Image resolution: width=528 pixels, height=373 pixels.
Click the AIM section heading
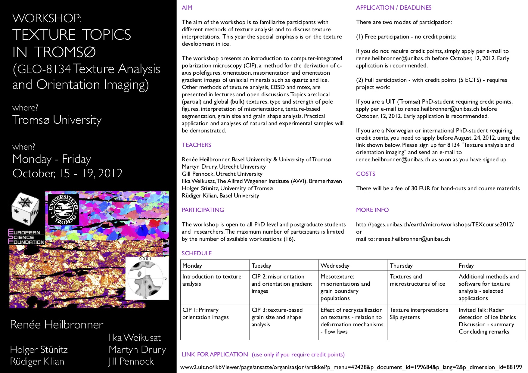tap(187, 8)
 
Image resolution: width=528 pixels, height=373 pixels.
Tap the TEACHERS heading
tap(196, 145)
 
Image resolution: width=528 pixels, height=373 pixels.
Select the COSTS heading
tap(365, 174)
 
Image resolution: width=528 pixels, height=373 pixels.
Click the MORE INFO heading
tap(372, 210)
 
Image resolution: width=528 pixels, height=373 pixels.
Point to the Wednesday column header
tap(335, 266)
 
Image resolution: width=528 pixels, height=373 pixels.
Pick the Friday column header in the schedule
tap(466, 266)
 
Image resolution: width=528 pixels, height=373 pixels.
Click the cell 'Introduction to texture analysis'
tap(212, 280)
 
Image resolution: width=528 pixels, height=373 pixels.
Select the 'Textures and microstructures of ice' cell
tap(417, 280)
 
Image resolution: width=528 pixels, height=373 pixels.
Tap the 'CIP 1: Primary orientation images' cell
tap(206, 314)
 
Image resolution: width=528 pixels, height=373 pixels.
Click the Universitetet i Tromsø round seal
tap(64, 210)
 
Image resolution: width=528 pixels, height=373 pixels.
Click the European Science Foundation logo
tap(26, 237)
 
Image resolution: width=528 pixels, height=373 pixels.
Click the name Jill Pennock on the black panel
tap(131, 362)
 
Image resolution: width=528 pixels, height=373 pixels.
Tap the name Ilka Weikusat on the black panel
tap(135, 338)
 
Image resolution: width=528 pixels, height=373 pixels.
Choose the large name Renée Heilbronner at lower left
tap(57, 325)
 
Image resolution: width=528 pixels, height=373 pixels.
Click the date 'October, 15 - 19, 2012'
tap(68, 174)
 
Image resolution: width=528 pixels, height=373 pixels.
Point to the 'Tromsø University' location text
tap(57, 120)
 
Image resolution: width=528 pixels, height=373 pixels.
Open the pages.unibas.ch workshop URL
tap(435, 225)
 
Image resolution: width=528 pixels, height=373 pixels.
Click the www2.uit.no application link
tap(351, 367)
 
